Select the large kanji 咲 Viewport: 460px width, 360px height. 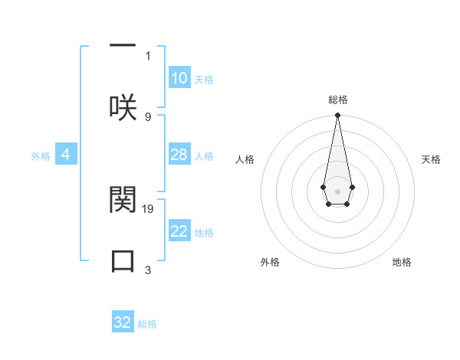click(x=123, y=107)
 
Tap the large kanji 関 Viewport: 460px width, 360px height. click(x=123, y=199)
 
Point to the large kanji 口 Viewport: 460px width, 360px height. click(x=123, y=261)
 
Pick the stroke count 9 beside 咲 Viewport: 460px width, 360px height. click(x=148, y=116)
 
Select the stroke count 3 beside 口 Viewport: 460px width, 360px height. click(x=148, y=270)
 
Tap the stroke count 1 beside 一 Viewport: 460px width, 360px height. click(x=148, y=55)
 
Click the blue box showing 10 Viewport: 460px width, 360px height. click(x=179, y=78)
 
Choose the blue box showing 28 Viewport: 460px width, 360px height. click(x=179, y=155)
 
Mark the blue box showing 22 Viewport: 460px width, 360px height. click(x=179, y=231)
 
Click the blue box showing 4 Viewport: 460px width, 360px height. click(x=66, y=155)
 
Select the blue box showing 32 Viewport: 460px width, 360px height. click(x=123, y=322)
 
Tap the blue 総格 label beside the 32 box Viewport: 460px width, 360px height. click(x=147, y=324)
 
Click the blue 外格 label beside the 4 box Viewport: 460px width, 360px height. click(x=41, y=156)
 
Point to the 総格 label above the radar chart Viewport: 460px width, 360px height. click(x=337, y=100)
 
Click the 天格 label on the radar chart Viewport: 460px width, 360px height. click(x=431, y=159)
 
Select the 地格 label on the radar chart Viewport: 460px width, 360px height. click(x=402, y=262)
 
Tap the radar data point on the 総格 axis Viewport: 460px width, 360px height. click(x=337, y=116)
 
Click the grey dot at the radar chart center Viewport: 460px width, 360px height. click(x=337, y=191)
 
